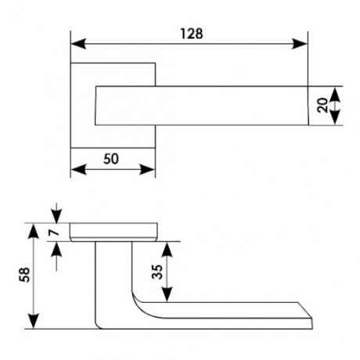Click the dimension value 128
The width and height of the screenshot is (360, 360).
[192, 34]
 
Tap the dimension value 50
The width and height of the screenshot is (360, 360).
[111, 159]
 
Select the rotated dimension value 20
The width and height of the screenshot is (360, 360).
[322, 105]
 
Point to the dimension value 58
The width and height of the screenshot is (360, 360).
[24, 275]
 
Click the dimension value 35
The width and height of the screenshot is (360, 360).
[157, 272]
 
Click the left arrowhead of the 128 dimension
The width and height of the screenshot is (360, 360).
[78, 44]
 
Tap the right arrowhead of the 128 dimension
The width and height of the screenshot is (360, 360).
[300, 44]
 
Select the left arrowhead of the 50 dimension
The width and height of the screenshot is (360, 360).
[78, 170]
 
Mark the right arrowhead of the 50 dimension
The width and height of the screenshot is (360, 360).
[147, 170]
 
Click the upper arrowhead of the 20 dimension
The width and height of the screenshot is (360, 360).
[335, 95]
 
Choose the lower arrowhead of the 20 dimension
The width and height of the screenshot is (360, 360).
[335, 117]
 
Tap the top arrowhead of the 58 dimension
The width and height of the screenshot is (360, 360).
[33, 232]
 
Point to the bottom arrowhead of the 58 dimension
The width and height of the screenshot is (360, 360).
[33, 321]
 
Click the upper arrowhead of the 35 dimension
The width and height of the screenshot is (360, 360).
[167, 250]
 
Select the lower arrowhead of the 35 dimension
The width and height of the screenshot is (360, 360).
[167, 294]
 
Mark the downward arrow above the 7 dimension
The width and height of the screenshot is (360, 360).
[56, 213]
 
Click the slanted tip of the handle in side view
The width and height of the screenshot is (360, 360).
[305, 311]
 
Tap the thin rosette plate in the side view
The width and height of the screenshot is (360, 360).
[113, 232]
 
